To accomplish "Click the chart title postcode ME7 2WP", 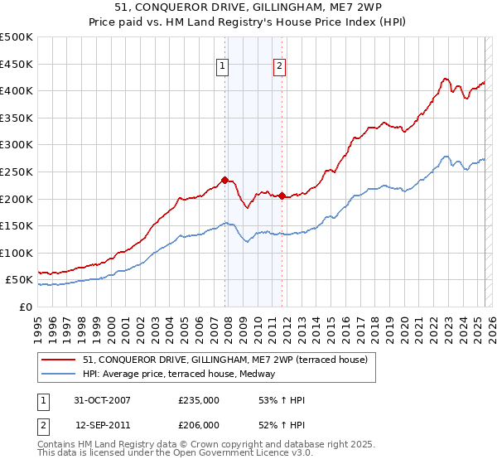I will (x=343, y=8).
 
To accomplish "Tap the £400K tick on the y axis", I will (x=16, y=90).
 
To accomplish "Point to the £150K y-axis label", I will (x=16, y=225).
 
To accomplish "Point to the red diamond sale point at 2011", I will (x=282, y=196).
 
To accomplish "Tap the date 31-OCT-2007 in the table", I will (x=102, y=400).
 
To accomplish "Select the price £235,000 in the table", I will (x=199, y=400).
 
